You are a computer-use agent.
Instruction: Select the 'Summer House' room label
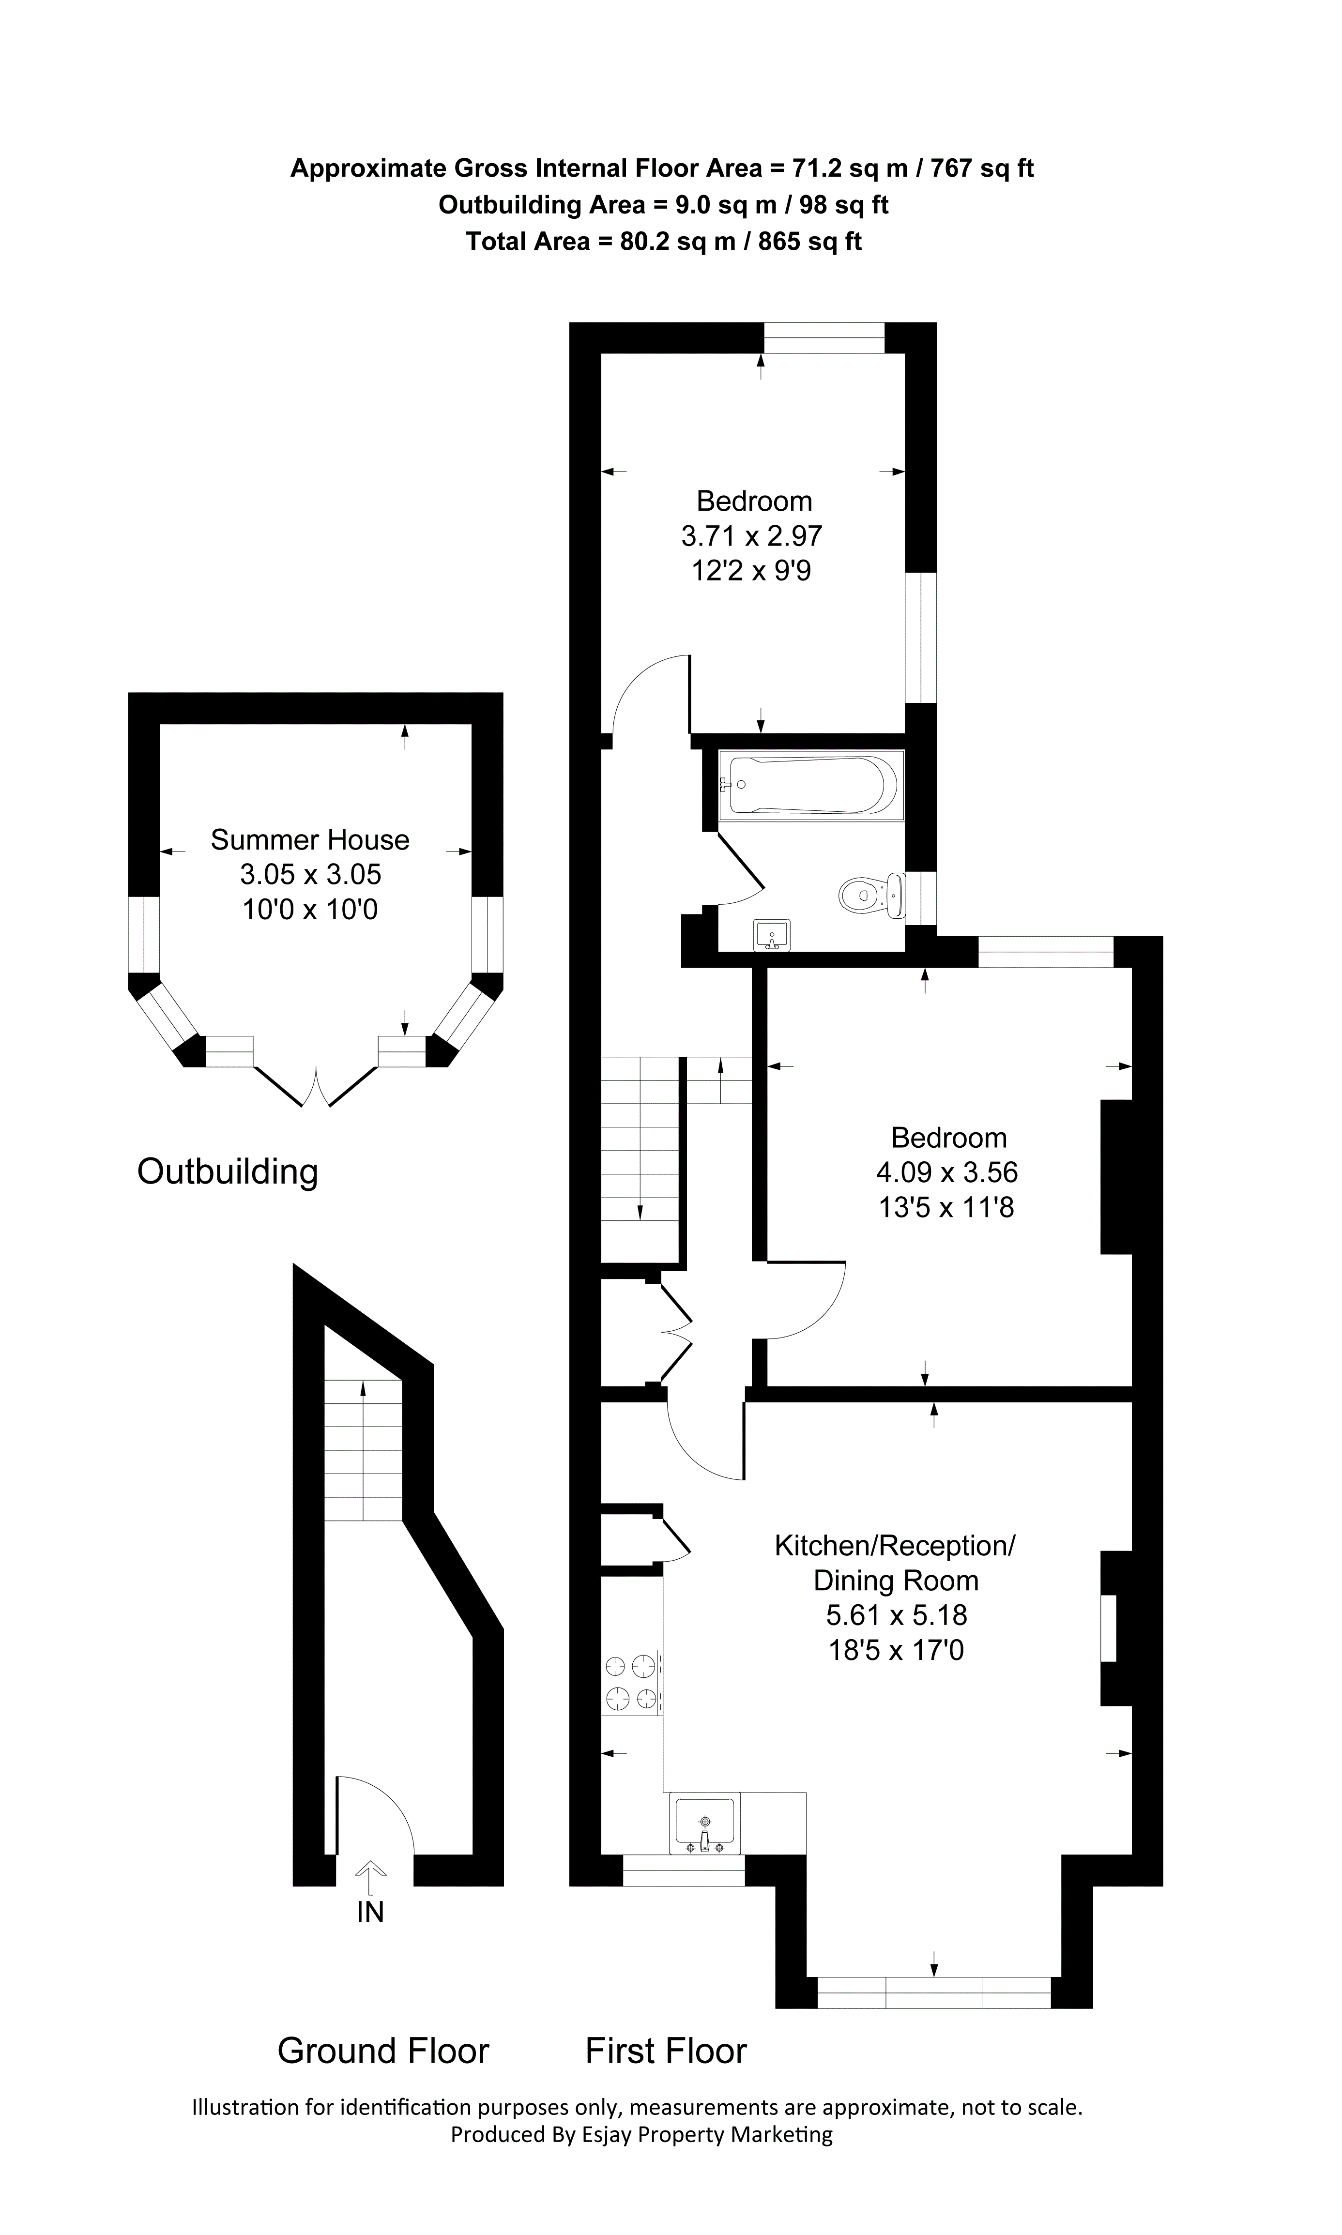tap(310, 840)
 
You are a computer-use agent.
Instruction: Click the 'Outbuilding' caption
tap(228, 1172)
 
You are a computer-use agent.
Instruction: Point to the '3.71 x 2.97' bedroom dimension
tap(751, 536)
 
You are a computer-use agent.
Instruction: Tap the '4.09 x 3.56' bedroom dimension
tap(947, 1172)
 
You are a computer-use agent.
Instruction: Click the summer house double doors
tap(316, 1086)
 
